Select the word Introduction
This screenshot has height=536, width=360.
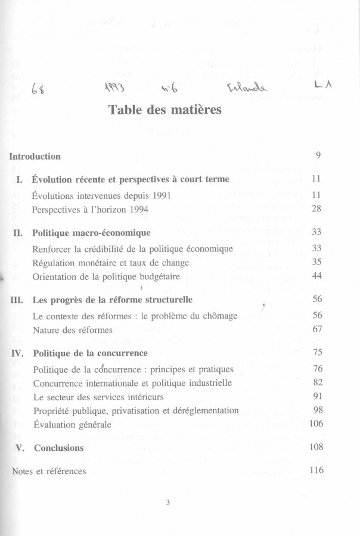35,157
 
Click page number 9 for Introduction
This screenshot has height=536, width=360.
319,156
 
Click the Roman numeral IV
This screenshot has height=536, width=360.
17,353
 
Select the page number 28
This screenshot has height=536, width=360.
317,209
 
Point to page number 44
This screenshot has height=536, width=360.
317,276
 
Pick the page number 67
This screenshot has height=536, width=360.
317,329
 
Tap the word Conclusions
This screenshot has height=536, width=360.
58,448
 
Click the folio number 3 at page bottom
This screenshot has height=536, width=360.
168,503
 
